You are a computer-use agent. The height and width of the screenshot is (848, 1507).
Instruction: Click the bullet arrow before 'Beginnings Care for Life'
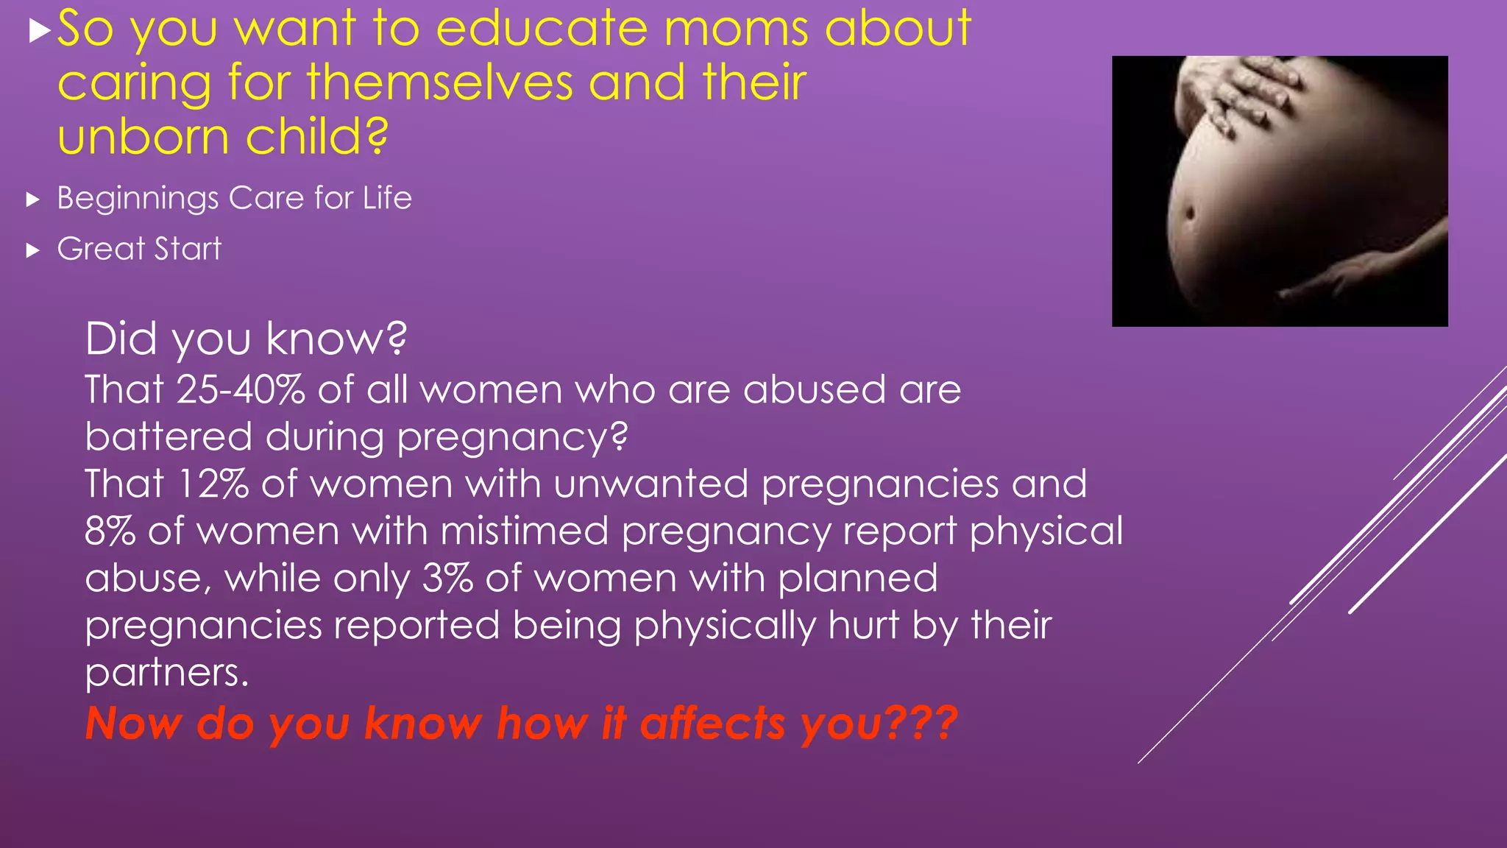click(x=32, y=199)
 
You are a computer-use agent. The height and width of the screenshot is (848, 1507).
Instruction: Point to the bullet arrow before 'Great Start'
click(x=32, y=250)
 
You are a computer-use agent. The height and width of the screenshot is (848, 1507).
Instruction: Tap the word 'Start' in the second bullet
click(x=187, y=249)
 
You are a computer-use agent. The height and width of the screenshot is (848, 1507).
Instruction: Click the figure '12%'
click(x=213, y=484)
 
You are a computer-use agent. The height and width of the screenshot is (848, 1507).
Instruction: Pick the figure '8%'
click(x=110, y=531)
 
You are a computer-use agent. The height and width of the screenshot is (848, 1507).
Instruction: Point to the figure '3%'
click(x=447, y=579)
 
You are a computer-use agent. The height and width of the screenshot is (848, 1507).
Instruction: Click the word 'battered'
click(x=169, y=437)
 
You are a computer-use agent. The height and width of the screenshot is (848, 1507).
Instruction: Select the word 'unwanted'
click(x=651, y=484)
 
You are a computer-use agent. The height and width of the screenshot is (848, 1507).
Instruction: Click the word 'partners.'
click(x=167, y=673)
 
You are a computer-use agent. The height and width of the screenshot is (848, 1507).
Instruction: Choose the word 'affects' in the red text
click(x=712, y=724)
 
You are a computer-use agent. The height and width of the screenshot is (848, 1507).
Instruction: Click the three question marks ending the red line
click(x=920, y=724)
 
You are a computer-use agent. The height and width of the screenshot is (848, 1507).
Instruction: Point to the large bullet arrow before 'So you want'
click(x=40, y=31)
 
